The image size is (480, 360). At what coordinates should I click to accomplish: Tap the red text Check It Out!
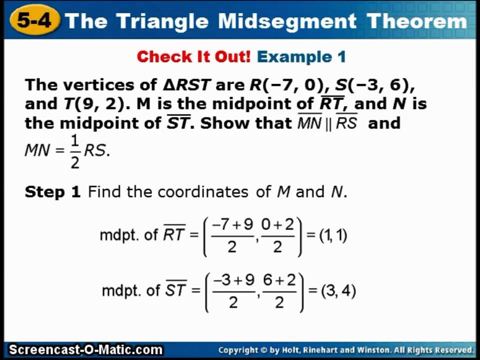(x=193, y=56)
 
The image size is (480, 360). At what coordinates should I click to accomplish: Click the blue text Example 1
(x=301, y=56)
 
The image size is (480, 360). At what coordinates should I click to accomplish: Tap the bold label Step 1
(x=52, y=192)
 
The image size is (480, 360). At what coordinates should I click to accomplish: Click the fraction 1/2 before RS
(x=75, y=151)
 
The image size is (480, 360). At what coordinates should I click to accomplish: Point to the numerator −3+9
(x=233, y=281)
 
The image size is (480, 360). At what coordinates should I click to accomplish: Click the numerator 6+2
(x=279, y=281)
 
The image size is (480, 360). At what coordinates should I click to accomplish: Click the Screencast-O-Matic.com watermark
(x=85, y=350)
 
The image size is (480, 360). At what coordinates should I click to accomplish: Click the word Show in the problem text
(x=222, y=123)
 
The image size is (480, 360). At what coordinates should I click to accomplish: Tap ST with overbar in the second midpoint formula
(x=175, y=290)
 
